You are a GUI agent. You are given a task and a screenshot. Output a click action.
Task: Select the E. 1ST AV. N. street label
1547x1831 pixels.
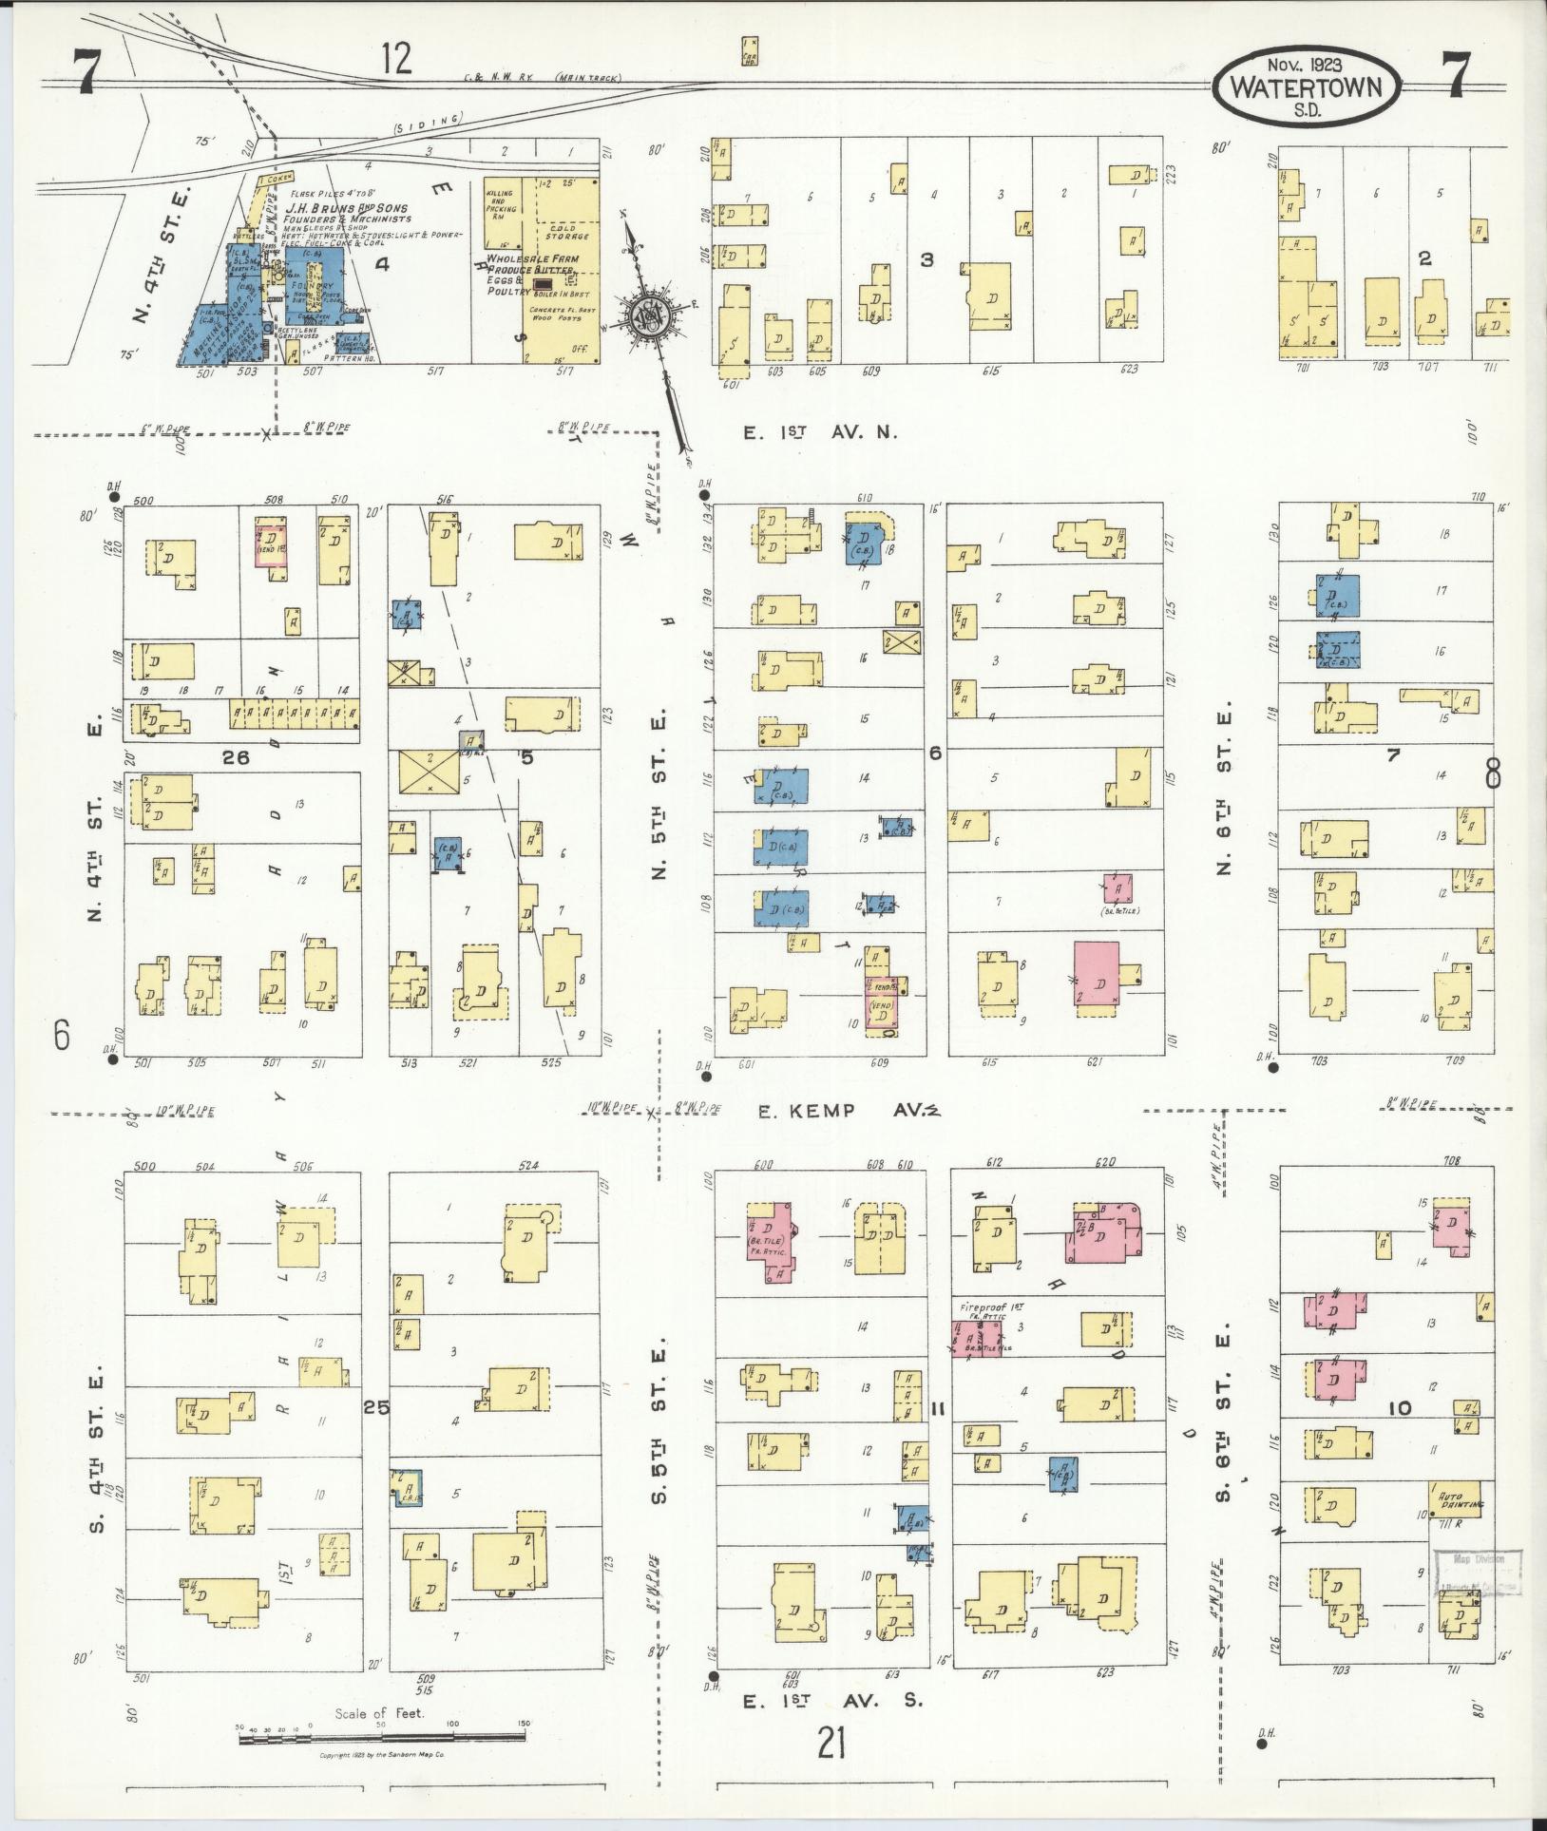pos(820,432)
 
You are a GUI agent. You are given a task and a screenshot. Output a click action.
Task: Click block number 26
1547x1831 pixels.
pos(234,757)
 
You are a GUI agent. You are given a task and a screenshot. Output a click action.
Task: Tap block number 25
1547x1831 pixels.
pos(376,1408)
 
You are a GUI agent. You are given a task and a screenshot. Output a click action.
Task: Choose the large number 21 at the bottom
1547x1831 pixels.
pos(831,1744)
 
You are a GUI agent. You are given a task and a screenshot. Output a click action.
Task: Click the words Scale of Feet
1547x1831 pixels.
pos(379,1714)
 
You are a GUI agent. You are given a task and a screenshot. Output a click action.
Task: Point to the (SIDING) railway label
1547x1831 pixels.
pos(427,122)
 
